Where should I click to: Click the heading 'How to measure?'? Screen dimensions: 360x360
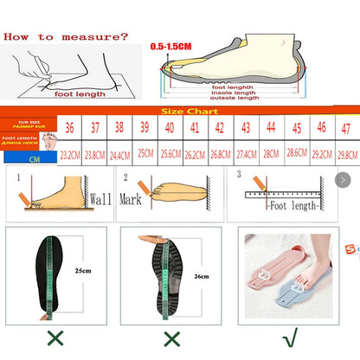[x=66, y=36]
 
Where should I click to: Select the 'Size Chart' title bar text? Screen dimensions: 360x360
[x=183, y=112]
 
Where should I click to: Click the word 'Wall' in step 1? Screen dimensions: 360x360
[x=101, y=198]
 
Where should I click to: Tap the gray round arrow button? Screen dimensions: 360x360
[x=343, y=179]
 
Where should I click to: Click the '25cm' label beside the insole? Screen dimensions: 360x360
[x=83, y=271]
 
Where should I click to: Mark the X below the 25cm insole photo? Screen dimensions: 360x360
[x=55, y=337]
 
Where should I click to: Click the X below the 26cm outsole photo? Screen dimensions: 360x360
[x=173, y=337]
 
